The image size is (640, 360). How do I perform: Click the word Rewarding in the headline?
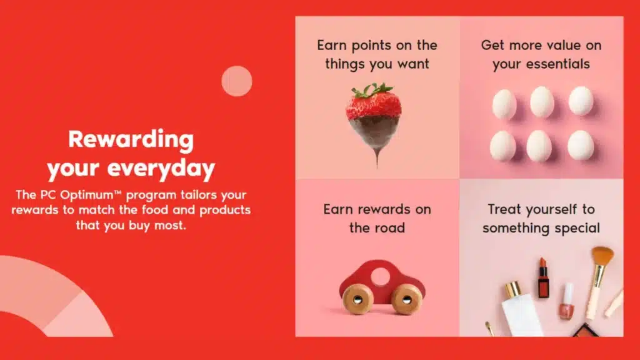131,139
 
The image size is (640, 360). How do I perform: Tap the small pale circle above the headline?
237,81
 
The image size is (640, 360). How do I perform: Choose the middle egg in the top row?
541,102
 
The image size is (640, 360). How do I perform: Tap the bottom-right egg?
581,145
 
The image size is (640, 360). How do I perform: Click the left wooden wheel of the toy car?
358,299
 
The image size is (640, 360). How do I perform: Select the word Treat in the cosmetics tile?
506,209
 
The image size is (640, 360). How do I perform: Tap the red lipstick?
542,279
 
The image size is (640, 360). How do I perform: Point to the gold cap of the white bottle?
514,289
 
